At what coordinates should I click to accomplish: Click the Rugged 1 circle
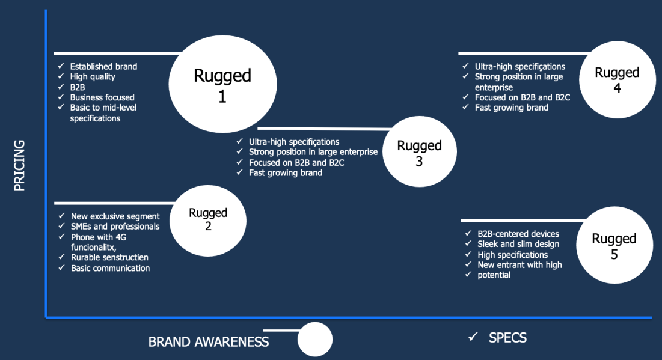pyautogui.click(x=222, y=85)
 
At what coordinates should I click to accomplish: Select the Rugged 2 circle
pyautogui.click(x=208, y=219)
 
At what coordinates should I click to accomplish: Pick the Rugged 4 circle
pyautogui.click(x=616, y=81)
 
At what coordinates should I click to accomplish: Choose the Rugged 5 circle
pyautogui.click(x=614, y=246)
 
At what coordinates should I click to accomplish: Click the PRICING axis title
pyautogui.click(x=19, y=165)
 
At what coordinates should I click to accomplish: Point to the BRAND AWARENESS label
pyautogui.click(x=209, y=342)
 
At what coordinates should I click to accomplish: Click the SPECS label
pyautogui.click(x=507, y=338)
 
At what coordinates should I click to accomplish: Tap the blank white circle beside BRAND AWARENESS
pyautogui.click(x=314, y=339)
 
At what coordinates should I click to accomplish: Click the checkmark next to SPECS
pyautogui.click(x=473, y=337)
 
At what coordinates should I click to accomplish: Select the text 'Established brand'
pyautogui.click(x=103, y=66)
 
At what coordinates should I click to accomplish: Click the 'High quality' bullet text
pyautogui.click(x=93, y=76)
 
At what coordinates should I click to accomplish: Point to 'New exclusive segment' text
pyautogui.click(x=115, y=216)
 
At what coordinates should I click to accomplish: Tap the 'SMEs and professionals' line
pyautogui.click(x=115, y=227)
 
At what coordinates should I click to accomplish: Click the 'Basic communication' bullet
pyautogui.click(x=110, y=268)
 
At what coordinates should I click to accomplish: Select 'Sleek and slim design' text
pyautogui.click(x=518, y=244)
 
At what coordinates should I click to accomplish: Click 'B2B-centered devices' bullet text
pyautogui.click(x=518, y=234)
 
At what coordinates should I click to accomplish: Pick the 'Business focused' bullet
pyautogui.click(x=102, y=97)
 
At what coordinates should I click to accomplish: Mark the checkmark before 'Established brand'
pyautogui.click(x=60, y=66)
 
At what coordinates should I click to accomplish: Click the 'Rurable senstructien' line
pyautogui.click(x=109, y=257)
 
